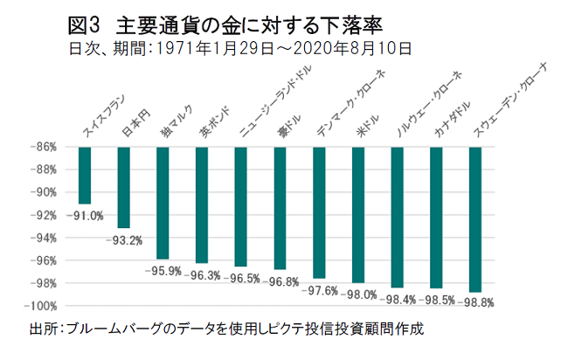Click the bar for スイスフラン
coord(85,175)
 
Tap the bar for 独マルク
coord(163,203)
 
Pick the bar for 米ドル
coord(358,214)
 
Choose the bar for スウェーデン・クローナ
coord(475,219)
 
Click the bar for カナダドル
coord(436,218)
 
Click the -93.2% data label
coord(124,239)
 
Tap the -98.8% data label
coord(475,301)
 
